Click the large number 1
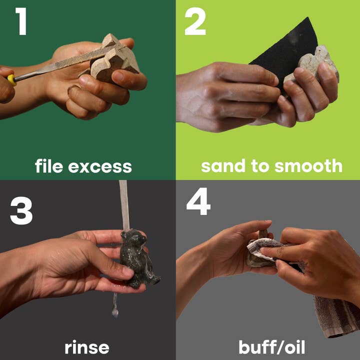click(x=22, y=21)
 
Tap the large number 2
click(x=195, y=21)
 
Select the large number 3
click(x=21, y=210)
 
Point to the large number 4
click(x=198, y=201)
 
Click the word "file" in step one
click(x=49, y=166)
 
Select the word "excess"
click(x=100, y=167)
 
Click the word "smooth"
click(x=308, y=165)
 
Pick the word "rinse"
click(x=87, y=347)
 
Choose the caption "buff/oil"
click(x=272, y=347)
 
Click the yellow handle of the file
click(x=11, y=80)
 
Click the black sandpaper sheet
click(x=287, y=50)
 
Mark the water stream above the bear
click(x=124, y=205)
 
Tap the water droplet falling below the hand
click(x=115, y=312)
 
